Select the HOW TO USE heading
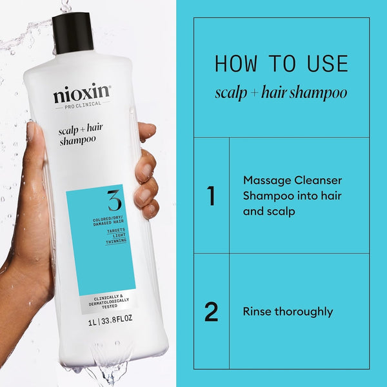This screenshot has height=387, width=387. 281,64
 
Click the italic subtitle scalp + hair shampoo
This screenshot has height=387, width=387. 281,93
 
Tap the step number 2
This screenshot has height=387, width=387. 211,312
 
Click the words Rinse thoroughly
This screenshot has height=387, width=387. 288,312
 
